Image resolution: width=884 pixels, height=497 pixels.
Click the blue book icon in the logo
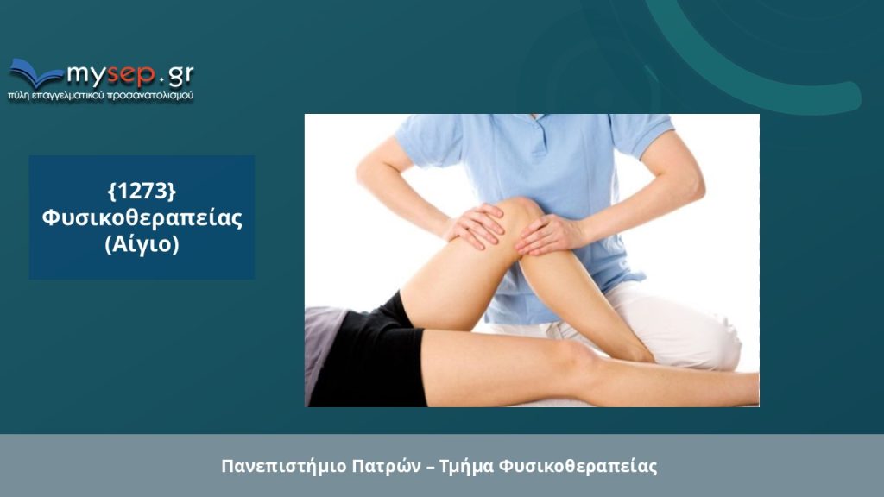[35, 73]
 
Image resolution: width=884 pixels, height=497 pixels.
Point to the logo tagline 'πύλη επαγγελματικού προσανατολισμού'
[100, 96]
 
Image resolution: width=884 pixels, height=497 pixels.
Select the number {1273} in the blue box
[142, 191]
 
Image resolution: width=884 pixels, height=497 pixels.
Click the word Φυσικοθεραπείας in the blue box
[142, 218]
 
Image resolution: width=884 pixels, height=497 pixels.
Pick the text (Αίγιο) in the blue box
[142, 244]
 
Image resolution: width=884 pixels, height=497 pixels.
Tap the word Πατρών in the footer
[387, 467]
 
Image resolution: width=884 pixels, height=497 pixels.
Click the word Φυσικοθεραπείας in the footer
[578, 467]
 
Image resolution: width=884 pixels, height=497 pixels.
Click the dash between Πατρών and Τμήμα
[430, 467]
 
